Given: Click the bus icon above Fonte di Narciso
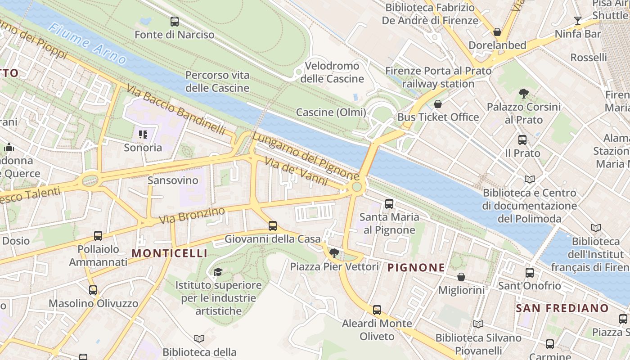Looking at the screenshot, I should coord(175,21).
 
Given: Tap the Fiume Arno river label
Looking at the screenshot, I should coord(87,43).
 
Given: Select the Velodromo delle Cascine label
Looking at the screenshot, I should coord(332,72).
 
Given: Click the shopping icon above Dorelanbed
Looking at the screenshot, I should coord(497,32).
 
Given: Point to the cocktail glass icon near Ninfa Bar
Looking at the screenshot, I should coord(578,21).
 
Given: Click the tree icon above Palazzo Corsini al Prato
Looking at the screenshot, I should coord(523,94).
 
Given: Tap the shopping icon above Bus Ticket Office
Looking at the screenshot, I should coord(438,104).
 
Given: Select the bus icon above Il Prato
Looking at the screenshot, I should coord(522,140).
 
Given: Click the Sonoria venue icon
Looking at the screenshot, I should coord(143,134).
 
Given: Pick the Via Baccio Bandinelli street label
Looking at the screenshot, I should coord(176,109).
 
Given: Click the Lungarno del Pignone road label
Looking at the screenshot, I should coord(306,155).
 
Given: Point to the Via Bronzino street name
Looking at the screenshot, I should coord(192,216).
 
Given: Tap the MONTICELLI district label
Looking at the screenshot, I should coord(170,253).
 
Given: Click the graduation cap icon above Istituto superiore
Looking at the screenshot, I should coord(218,272).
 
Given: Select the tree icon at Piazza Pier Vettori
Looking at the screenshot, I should coord(334,253).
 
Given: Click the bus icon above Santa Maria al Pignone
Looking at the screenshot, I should coord(389,204).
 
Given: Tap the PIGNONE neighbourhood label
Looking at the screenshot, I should coord(416,268).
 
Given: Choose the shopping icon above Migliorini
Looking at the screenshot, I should coord(461,277).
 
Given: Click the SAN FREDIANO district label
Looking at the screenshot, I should coord(562,308).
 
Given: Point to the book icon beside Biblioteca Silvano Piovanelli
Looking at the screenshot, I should coord(478,324).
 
